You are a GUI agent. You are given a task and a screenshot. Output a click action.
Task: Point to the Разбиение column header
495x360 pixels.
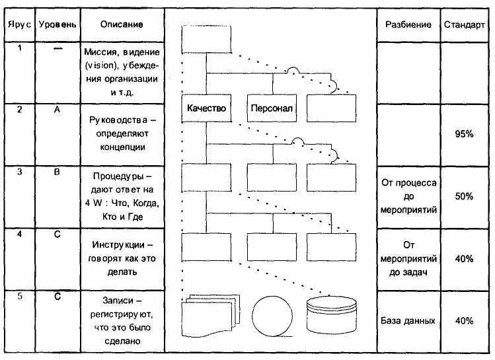408,24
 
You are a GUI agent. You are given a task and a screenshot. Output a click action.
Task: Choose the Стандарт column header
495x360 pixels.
464,24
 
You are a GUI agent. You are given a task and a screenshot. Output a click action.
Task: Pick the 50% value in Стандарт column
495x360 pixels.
464,196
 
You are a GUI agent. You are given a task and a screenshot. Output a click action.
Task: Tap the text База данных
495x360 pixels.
408,320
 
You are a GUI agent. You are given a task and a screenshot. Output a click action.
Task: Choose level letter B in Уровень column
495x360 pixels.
57,172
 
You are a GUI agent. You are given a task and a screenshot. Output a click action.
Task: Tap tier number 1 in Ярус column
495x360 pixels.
20,48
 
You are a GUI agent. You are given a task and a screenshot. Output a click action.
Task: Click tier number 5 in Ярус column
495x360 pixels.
20,296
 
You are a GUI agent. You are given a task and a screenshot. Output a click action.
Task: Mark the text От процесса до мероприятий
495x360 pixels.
408,196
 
